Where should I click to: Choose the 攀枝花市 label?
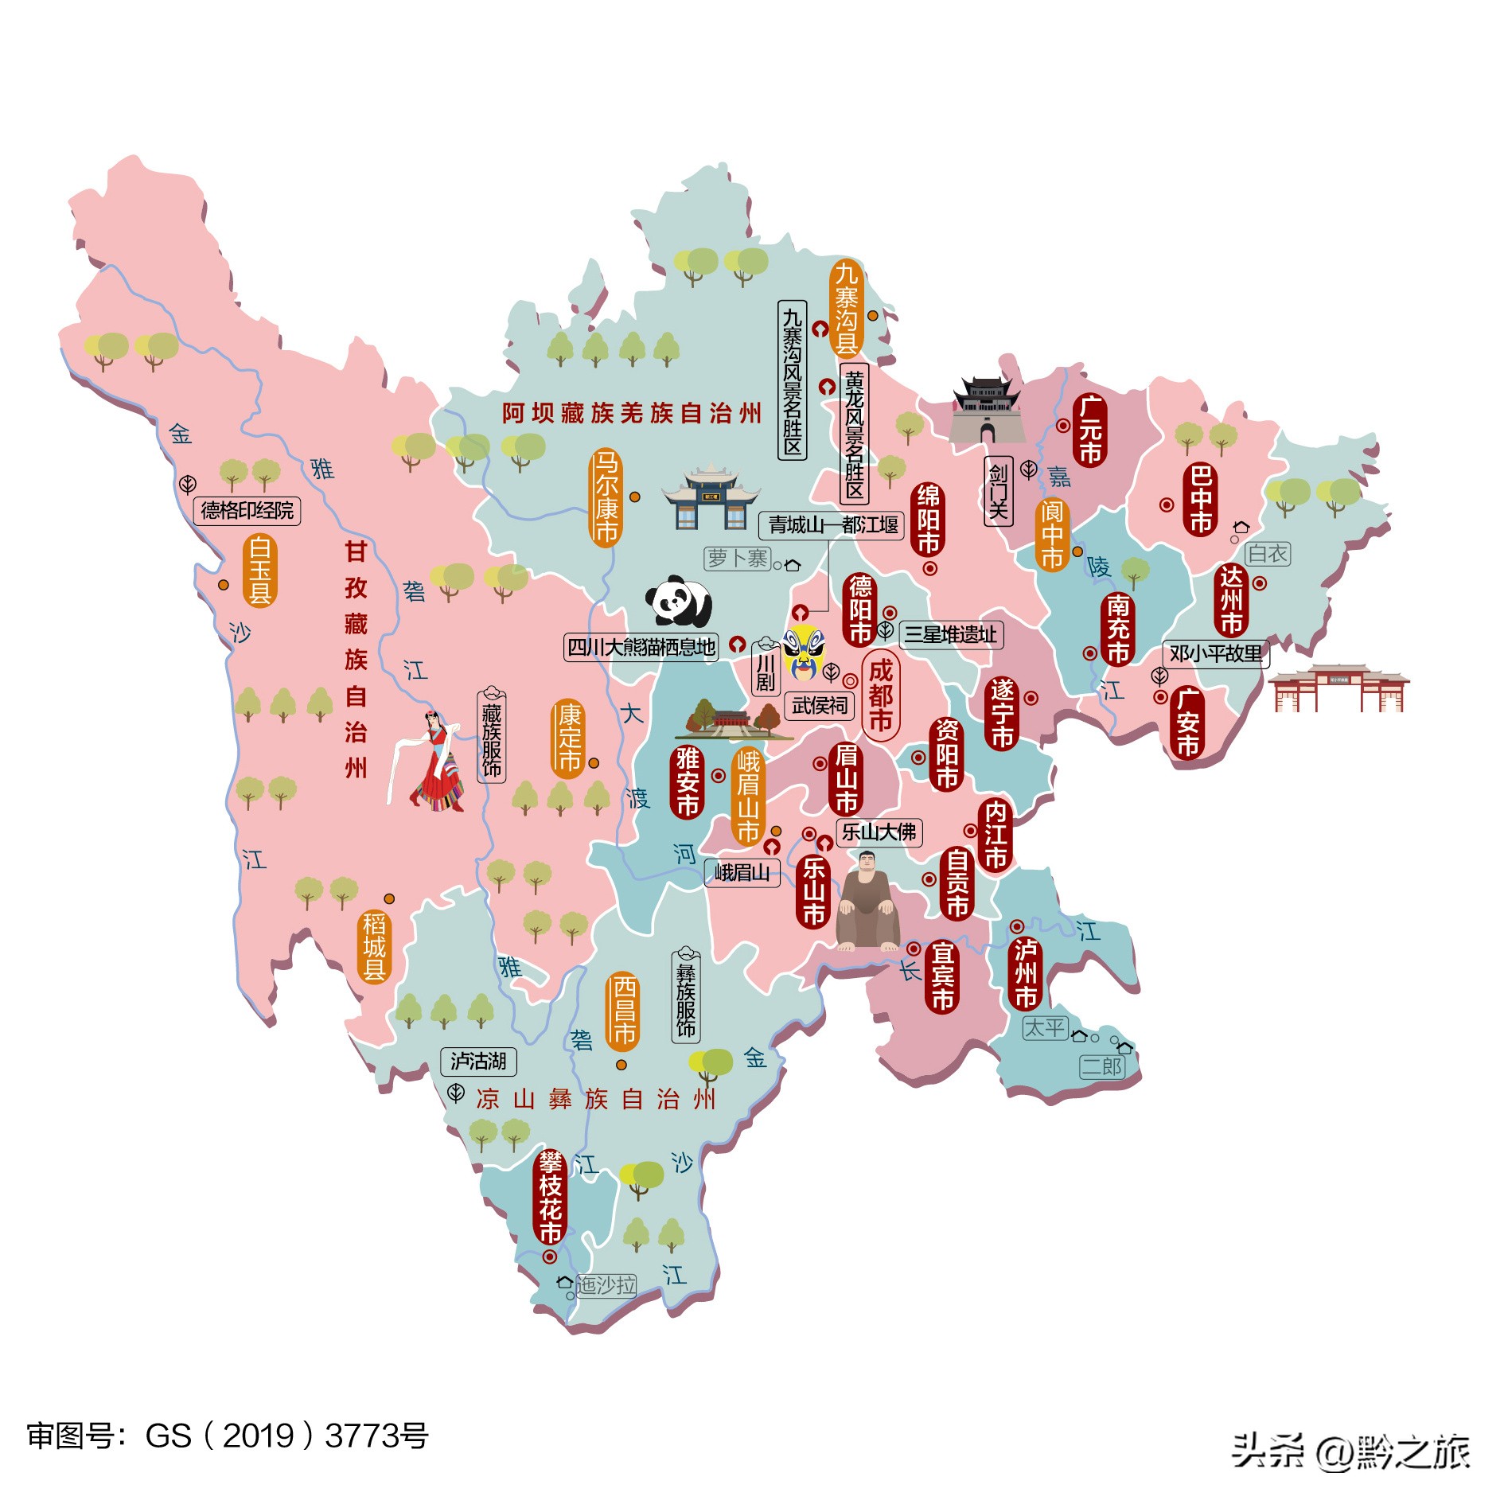click(550, 1198)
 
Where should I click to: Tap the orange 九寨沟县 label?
click(846, 308)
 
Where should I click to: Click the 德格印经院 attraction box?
click(247, 510)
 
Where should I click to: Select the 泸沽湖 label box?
click(478, 1062)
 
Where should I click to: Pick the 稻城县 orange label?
click(374, 946)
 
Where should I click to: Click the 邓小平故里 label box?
click(1215, 654)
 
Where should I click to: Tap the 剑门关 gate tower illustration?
click(987, 411)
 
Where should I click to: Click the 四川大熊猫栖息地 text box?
click(641, 647)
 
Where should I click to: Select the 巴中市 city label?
click(1201, 500)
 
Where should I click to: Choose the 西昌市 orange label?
click(623, 1011)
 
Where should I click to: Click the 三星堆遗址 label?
click(950, 634)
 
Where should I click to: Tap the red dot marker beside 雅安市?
click(718, 775)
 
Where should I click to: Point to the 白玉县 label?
click(260, 571)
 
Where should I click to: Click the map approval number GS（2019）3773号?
click(228, 1436)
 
